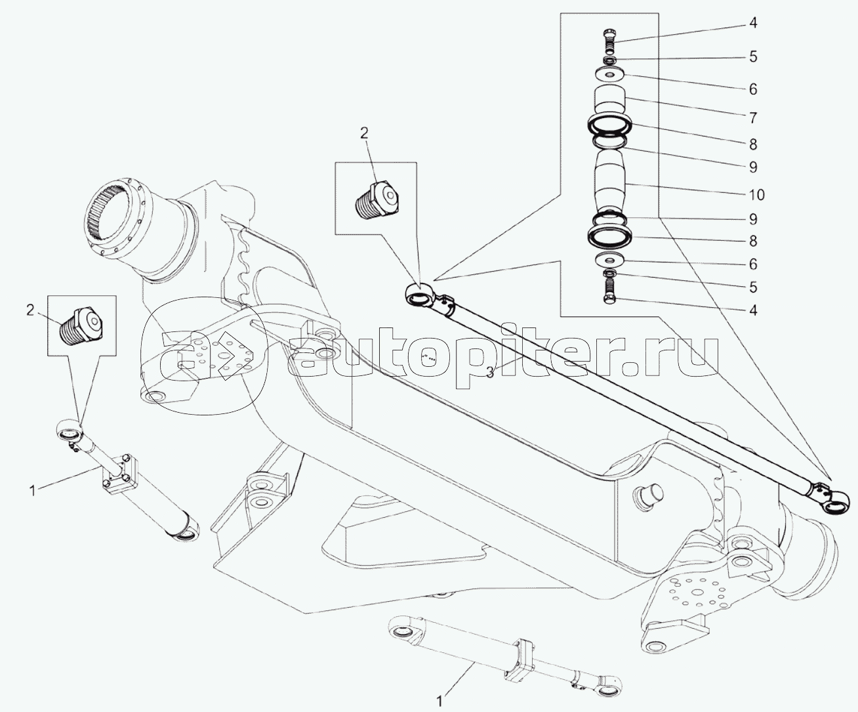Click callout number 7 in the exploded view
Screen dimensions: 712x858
coord(753,118)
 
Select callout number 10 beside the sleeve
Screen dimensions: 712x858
coord(756,195)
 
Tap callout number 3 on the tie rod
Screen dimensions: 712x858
coord(490,372)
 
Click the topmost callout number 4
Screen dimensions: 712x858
coord(753,23)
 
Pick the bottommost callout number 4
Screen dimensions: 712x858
coord(753,310)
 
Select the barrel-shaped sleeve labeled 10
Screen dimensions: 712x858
coord(610,182)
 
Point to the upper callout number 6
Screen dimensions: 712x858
coord(753,89)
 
